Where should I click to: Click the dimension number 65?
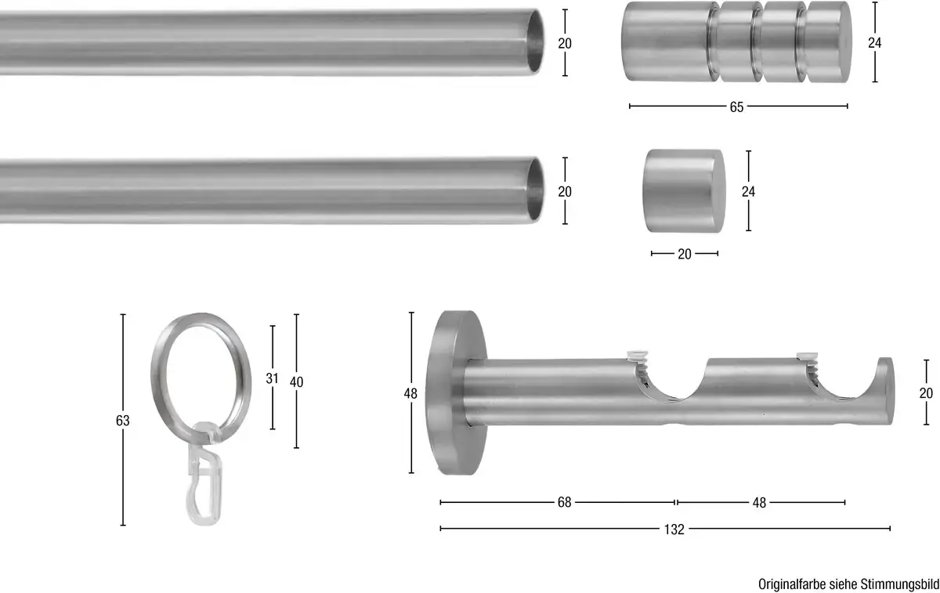pyautogui.click(x=736, y=107)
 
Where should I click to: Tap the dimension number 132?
pyautogui.click(x=674, y=530)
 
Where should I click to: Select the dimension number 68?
pyautogui.click(x=565, y=502)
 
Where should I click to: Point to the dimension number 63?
pyautogui.click(x=122, y=421)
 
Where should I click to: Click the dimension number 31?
pyautogui.click(x=272, y=378)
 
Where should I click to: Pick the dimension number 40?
pyautogui.click(x=296, y=382)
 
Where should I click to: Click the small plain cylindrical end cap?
pyautogui.click(x=684, y=191)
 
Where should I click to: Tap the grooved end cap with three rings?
pyautogui.click(x=736, y=42)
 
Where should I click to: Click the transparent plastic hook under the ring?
pyautogui.click(x=204, y=474)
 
